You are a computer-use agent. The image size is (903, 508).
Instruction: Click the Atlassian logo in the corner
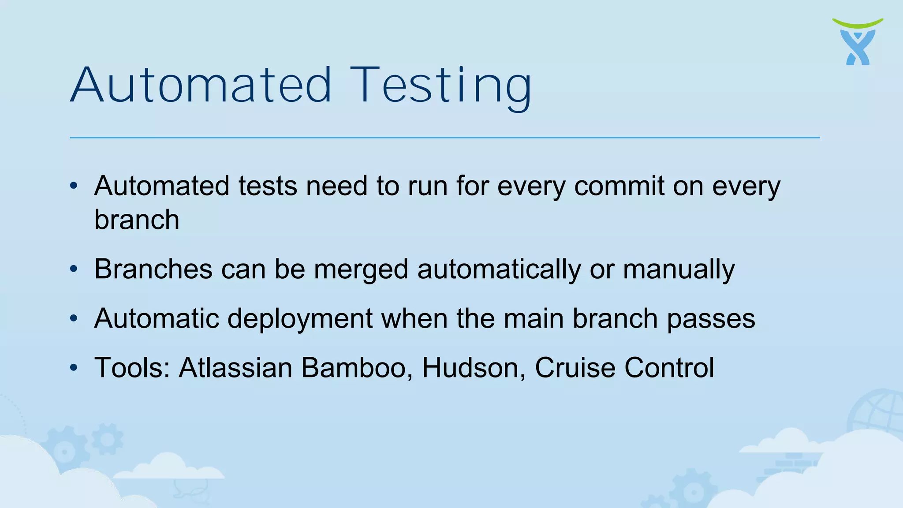click(858, 42)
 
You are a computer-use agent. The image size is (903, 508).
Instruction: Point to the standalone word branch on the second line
click(137, 220)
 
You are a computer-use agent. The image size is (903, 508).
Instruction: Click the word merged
click(361, 269)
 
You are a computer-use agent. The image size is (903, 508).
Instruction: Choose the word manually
click(679, 269)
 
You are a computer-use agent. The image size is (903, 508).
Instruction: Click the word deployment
click(300, 319)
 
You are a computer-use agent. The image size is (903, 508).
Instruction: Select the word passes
click(711, 319)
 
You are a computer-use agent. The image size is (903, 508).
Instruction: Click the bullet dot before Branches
click(74, 269)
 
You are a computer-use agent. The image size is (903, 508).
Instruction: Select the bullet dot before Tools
click(74, 367)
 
